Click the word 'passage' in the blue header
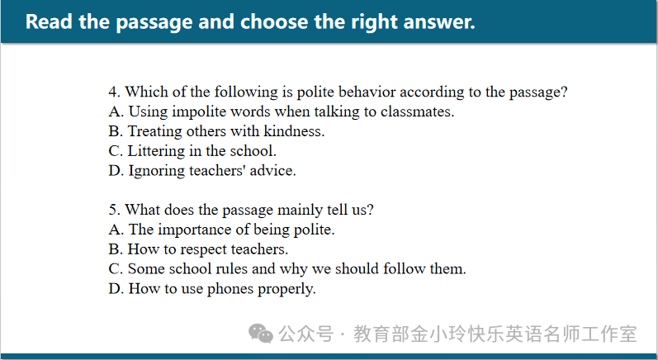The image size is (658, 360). pos(154,22)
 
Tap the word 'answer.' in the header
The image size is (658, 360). pos(438,21)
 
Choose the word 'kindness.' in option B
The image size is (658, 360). pos(294,131)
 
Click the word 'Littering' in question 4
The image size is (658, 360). pos(156,151)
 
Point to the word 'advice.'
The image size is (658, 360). pos(272,171)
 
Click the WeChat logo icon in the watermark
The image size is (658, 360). pos(261,334)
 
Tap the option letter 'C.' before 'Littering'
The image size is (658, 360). pos(116,151)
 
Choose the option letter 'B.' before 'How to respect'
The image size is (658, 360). pos(116,249)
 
